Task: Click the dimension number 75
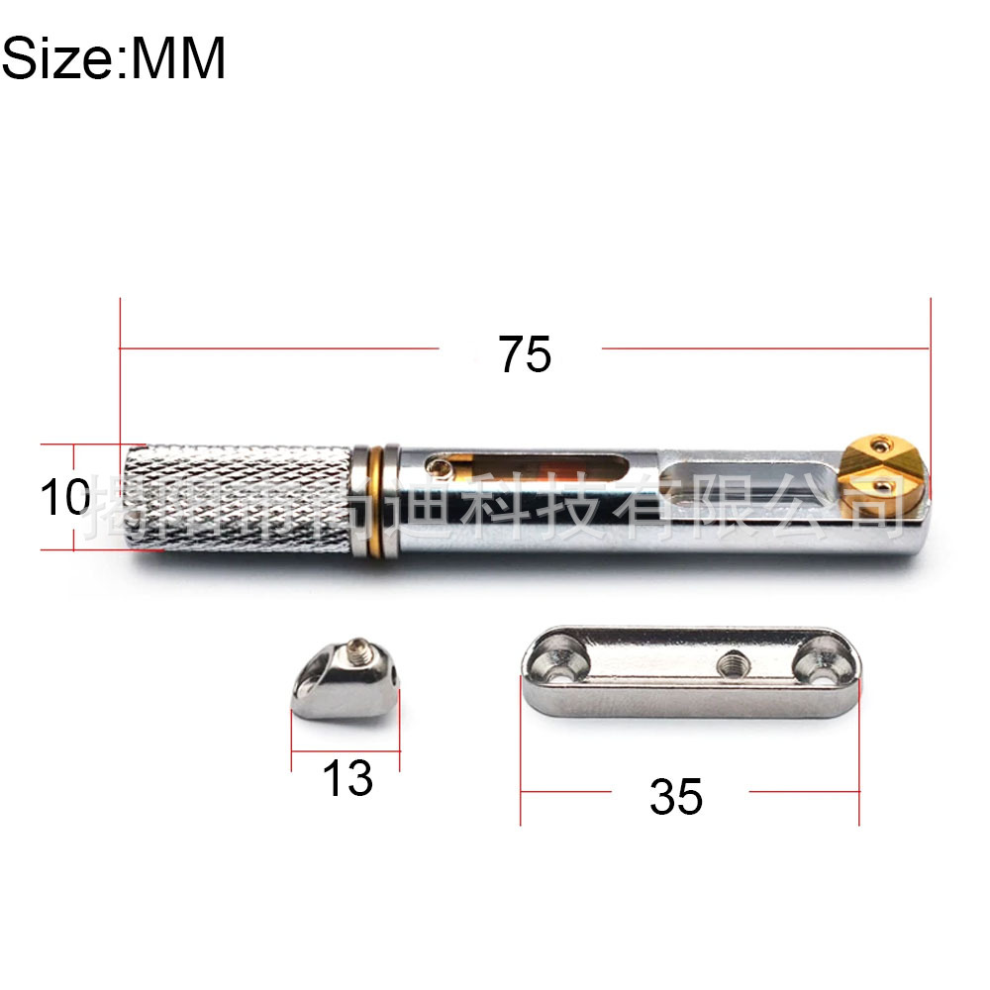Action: click(525, 353)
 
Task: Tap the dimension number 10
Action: click(65, 497)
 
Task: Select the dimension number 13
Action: click(347, 778)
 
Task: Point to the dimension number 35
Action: click(676, 796)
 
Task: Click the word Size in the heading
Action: click(58, 59)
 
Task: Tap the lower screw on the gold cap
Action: click(887, 484)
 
